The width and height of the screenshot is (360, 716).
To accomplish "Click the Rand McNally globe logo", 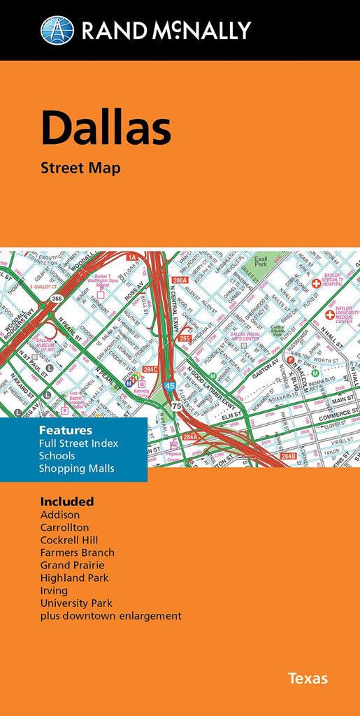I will click(57, 30).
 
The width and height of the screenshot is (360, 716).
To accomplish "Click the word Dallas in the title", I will click(106, 129).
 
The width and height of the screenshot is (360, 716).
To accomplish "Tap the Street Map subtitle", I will click(80, 168).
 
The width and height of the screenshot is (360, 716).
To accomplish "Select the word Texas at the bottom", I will click(308, 678).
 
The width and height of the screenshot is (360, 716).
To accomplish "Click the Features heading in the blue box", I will click(66, 430).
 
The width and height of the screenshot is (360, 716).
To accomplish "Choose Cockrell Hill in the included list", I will click(69, 540).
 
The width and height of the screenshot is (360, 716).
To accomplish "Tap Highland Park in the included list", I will click(74, 578).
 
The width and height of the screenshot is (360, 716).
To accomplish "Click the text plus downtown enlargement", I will click(110, 615).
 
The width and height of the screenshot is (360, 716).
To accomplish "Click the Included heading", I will click(67, 501).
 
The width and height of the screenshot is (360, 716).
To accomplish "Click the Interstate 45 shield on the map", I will click(169, 385).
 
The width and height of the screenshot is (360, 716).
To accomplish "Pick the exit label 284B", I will click(288, 456).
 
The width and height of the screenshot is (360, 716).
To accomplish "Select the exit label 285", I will click(185, 338).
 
